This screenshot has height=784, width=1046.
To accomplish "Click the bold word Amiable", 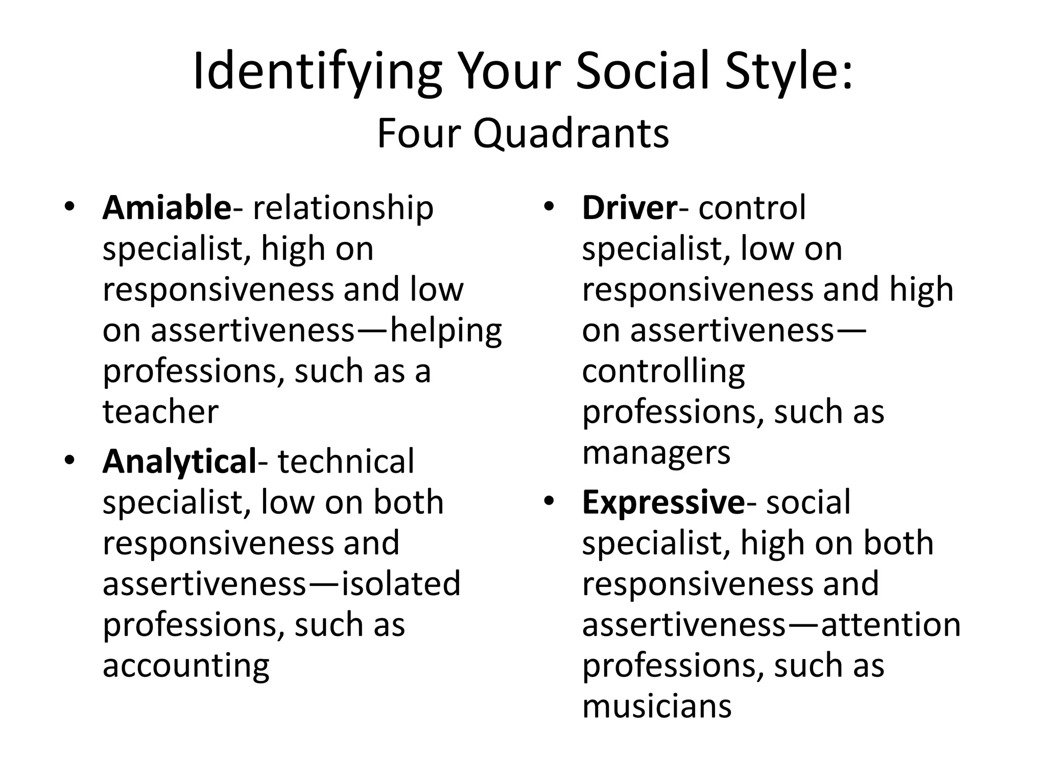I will pyautogui.click(x=167, y=208).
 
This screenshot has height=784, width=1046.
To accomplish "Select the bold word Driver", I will pyautogui.click(x=629, y=208).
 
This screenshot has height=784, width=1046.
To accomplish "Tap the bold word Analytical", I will pyautogui.click(x=179, y=461).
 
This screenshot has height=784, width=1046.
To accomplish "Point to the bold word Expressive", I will pyautogui.click(x=663, y=502).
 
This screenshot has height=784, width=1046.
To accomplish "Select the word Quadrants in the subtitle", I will pyautogui.click(x=570, y=134).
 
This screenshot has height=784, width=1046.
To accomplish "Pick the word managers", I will pyautogui.click(x=656, y=453).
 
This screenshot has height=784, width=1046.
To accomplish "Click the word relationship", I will pyautogui.click(x=343, y=208).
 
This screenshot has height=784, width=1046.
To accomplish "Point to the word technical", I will pyautogui.click(x=346, y=461).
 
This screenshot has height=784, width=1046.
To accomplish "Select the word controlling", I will pyautogui.click(x=663, y=372).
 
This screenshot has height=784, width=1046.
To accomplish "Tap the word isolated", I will pyautogui.click(x=401, y=584).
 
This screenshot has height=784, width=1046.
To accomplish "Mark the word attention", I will pyautogui.click(x=891, y=625).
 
